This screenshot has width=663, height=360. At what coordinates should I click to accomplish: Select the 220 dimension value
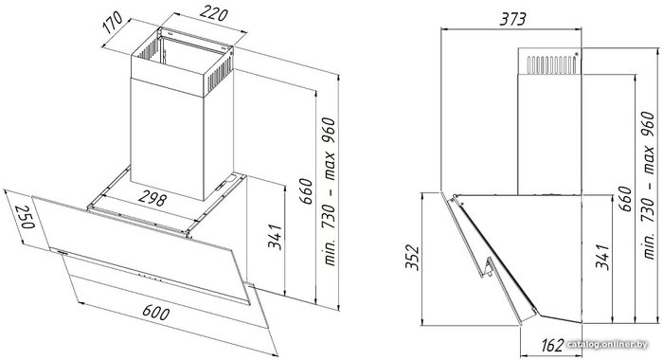coord(213,14)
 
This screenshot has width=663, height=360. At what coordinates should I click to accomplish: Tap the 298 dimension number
coord(152,198)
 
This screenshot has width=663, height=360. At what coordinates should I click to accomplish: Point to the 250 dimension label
coord(24,217)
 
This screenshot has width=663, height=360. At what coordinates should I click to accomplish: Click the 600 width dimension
coord(155,313)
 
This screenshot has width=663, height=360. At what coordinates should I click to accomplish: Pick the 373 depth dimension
coord(512,19)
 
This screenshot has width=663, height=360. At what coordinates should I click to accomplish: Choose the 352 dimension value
coord(412,257)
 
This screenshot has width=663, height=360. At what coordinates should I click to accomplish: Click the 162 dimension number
coord(552,345)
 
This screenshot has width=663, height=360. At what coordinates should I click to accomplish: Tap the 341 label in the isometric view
coord(275,237)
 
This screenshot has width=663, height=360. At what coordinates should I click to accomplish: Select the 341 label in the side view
coord(601,257)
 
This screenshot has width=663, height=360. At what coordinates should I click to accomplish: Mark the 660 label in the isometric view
coord(306,191)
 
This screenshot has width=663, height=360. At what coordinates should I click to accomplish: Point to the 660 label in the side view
coord(624,198)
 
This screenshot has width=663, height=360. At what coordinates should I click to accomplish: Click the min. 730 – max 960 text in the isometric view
coord(329,191)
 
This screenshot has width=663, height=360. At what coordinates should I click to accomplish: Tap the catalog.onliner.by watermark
coord(607,344)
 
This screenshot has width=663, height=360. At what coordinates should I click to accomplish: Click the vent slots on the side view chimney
coord(551,64)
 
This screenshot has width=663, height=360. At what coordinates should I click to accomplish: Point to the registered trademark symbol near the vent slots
coord(576,53)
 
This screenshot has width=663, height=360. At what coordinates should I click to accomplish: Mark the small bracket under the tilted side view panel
coord(489,267)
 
